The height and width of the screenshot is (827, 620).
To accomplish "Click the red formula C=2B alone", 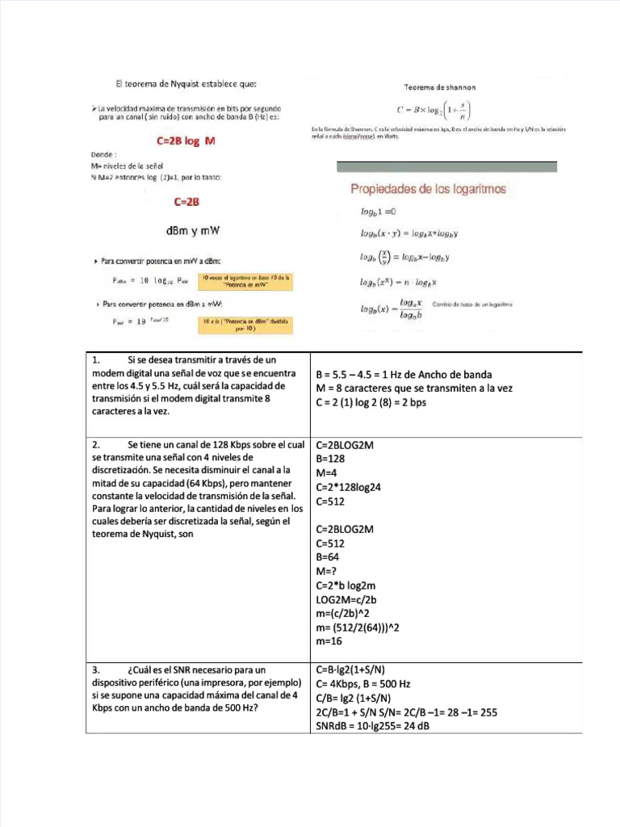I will (x=187, y=202).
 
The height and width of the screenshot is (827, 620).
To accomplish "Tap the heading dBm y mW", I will (x=192, y=231).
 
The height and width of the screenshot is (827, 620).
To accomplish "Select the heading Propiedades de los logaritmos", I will (x=427, y=189).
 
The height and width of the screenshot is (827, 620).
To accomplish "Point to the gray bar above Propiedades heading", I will (x=446, y=166).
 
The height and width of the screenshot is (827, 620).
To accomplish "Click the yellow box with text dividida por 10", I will (x=245, y=325).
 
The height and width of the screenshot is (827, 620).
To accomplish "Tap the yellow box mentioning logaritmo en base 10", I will (x=245, y=280).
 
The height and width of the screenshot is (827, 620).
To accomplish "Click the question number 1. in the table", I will (x=96, y=359).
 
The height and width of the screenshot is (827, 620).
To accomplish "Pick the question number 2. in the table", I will (x=96, y=445).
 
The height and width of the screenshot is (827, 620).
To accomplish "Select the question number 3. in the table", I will (x=96, y=670).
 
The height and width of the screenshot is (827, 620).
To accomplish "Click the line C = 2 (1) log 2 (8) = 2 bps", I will (x=371, y=402).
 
